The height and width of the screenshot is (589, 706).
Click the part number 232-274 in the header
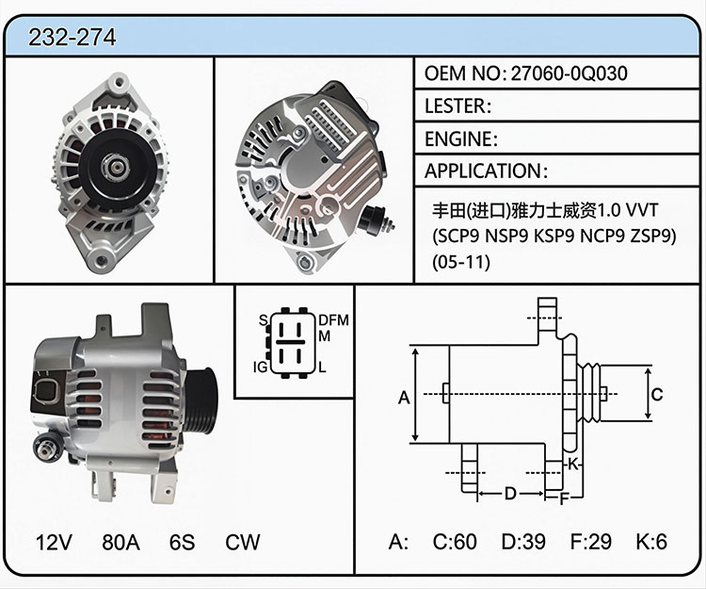(72, 37)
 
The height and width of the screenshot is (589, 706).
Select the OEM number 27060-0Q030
(569, 74)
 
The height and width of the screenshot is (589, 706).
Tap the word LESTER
(456, 106)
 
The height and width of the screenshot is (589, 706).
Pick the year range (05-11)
(461, 262)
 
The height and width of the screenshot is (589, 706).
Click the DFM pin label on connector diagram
(333, 320)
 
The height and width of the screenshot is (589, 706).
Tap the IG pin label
(260, 368)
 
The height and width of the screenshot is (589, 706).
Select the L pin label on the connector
(322, 368)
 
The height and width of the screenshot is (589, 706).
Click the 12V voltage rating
(54, 542)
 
